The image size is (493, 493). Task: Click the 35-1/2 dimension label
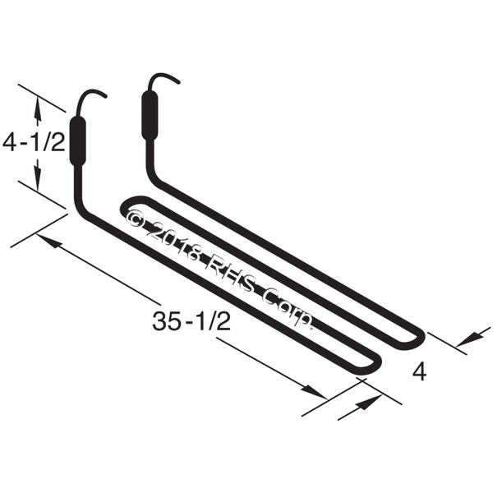coord(191,322)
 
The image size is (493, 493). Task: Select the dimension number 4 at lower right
coord(419,372)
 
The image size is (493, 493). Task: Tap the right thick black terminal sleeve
coord(150,117)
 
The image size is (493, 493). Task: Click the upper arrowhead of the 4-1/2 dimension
coord(38,102)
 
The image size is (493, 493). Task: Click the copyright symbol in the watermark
coord(137,219)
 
